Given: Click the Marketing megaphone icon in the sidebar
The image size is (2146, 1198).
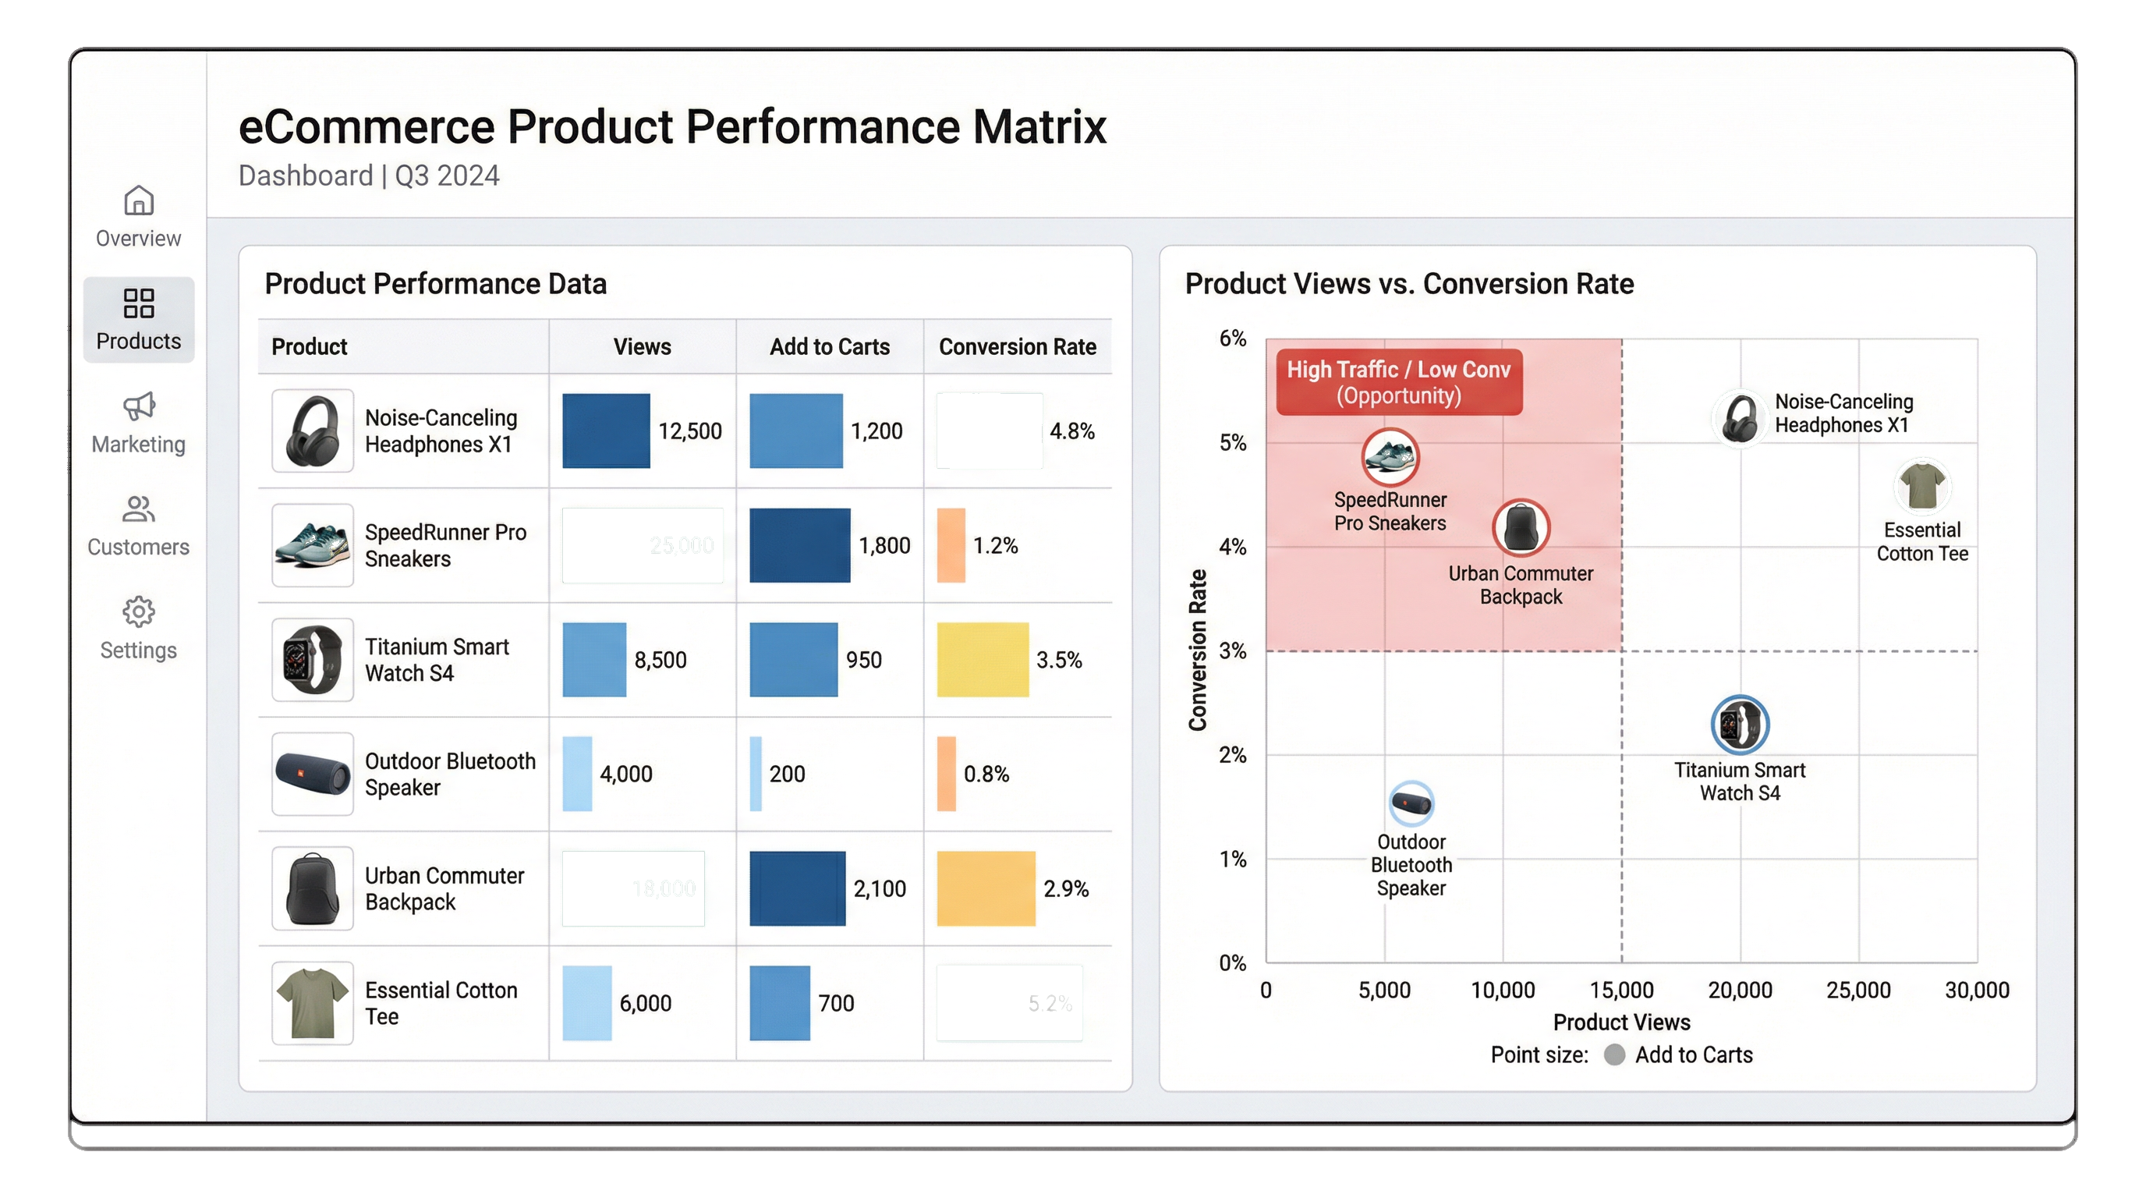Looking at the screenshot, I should (138, 406).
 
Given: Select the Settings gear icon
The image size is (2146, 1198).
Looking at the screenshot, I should (138, 612).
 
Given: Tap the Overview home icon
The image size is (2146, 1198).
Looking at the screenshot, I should (138, 200).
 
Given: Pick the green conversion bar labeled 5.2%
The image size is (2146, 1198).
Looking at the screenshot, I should (1009, 1003).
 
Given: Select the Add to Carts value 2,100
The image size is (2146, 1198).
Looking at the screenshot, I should (879, 889).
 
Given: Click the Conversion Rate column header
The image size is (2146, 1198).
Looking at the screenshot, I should (1017, 346).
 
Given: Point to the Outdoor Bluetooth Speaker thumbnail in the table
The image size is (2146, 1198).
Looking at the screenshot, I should (313, 774).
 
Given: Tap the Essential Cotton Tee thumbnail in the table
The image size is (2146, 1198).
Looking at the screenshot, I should (313, 1003).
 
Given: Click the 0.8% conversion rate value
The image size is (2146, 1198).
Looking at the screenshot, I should (986, 774).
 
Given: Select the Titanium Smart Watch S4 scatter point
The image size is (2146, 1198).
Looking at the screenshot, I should (1740, 724).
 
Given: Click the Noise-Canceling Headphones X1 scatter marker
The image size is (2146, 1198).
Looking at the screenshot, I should (1740, 418).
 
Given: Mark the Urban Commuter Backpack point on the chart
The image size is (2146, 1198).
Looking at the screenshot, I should (1521, 527).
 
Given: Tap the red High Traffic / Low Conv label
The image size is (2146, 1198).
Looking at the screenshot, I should (1399, 382).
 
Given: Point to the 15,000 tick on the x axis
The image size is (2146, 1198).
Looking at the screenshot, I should (1621, 991).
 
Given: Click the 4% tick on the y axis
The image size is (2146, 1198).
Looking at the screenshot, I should (1232, 548).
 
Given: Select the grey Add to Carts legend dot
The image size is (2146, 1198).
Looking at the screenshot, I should (1614, 1054).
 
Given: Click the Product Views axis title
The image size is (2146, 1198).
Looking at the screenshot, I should (1621, 1023).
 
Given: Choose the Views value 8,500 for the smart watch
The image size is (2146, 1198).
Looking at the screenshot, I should (660, 660).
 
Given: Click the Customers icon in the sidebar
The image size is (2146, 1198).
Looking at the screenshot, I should (138, 509).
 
